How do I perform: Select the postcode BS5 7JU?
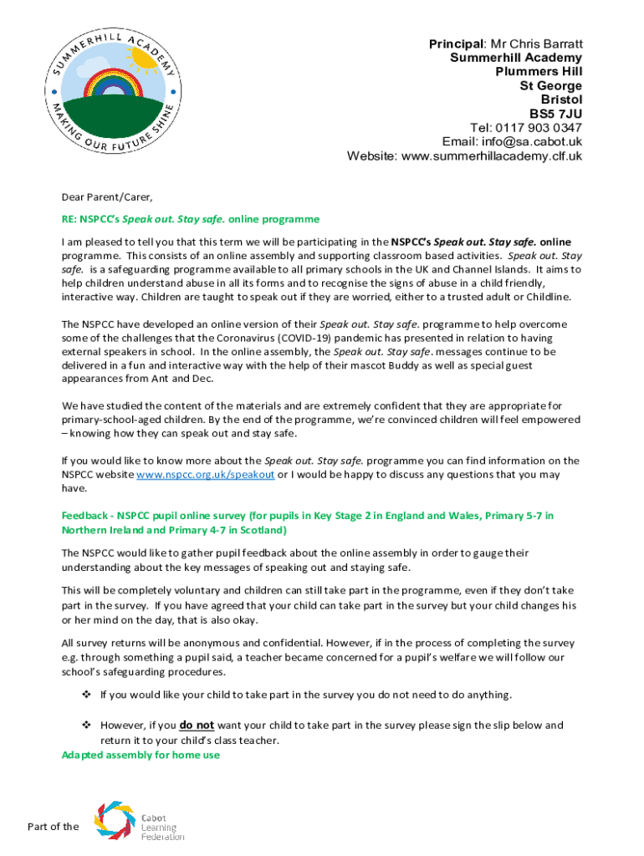(x=555, y=114)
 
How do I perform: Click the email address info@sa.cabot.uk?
(x=535, y=142)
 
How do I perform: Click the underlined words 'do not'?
(x=197, y=726)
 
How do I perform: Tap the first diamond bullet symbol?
(x=85, y=695)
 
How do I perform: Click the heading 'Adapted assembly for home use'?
(x=141, y=755)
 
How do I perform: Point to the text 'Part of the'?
(x=53, y=827)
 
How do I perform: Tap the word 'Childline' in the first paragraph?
(x=544, y=297)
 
